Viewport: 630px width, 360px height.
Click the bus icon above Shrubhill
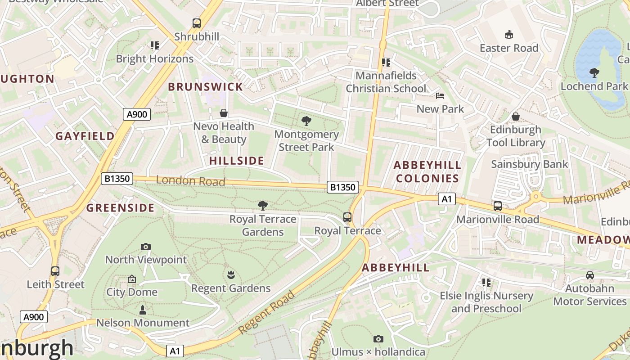point(197,23)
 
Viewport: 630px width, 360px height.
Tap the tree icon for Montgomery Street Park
point(306,121)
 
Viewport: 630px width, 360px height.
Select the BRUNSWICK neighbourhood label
point(205,87)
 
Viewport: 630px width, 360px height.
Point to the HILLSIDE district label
point(237,161)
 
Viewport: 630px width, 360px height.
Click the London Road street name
point(190,181)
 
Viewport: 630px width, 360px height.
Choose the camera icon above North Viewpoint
point(145,247)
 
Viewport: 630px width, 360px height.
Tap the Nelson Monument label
point(143,323)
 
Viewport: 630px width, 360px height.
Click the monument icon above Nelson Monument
point(143,310)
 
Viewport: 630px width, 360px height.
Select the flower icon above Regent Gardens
point(231,274)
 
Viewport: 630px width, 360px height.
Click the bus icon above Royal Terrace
point(347,217)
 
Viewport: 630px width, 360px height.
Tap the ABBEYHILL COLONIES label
point(427,171)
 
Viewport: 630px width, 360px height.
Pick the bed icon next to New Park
point(440,96)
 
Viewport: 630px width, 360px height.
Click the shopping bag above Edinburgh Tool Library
point(516,117)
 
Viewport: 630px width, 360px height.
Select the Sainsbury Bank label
point(530,164)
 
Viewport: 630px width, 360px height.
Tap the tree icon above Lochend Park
point(594,72)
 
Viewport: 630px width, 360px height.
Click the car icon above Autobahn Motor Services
point(589,275)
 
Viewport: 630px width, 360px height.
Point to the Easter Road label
point(509,48)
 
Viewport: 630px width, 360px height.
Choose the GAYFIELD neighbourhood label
point(85,136)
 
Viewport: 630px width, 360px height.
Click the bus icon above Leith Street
point(55,271)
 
